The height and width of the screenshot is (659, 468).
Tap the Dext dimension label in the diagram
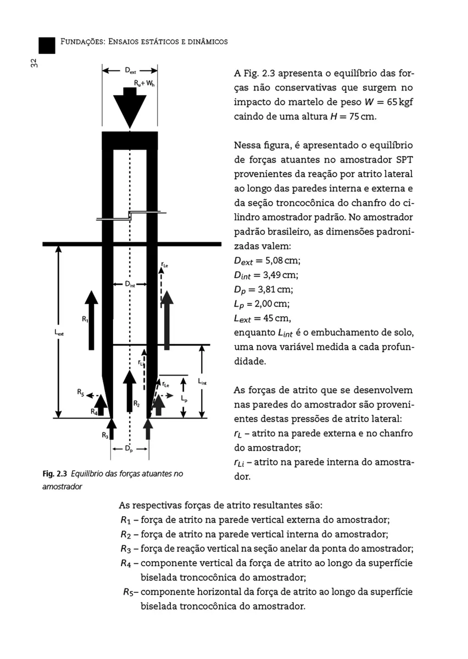[x=131, y=70]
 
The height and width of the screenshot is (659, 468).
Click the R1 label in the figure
[x=85, y=319]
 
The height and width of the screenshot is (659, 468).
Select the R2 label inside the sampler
[x=137, y=404]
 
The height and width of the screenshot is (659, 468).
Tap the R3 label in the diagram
[x=105, y=435]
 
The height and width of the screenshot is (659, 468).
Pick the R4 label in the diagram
[x=94, y=411]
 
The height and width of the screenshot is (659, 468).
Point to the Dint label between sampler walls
[x=130, y=284]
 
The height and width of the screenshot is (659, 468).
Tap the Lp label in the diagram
[x=185, y=399]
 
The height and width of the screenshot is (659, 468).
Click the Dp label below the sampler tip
[x=129, y=449]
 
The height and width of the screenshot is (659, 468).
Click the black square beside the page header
[x=47, y=46]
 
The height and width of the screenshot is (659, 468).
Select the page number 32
[x=34, y=64]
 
